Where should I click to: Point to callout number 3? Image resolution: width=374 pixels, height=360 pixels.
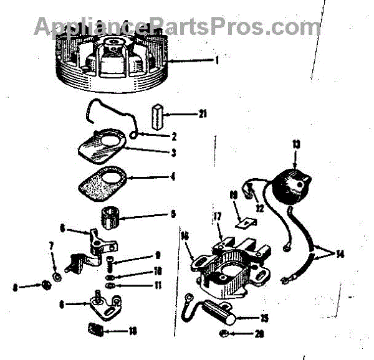173,152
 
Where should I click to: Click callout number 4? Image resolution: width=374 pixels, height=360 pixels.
173,176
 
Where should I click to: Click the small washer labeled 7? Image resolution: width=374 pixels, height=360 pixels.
57,275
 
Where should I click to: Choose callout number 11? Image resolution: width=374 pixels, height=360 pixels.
158,286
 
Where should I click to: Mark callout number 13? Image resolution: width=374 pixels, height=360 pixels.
295,144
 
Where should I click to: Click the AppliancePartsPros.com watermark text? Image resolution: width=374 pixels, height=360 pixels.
177,26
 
